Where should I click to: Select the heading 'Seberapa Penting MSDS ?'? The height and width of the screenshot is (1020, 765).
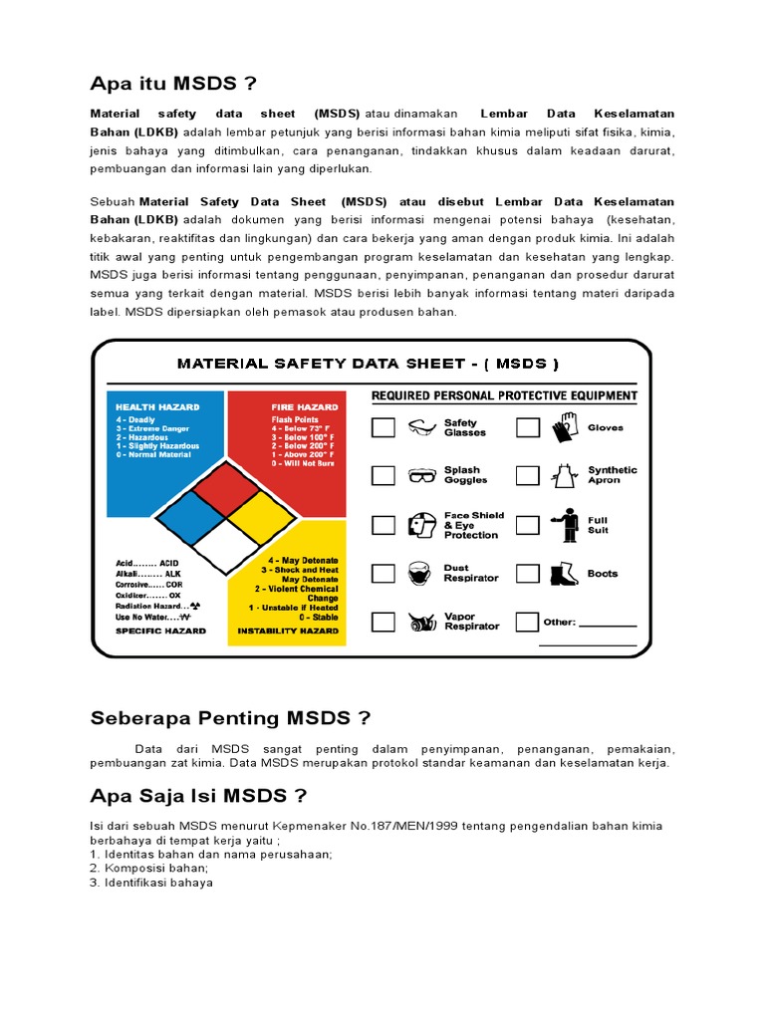[230, 717]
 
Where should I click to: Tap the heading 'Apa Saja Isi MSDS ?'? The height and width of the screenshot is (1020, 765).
[198, 795]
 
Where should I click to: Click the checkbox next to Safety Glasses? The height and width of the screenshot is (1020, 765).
[383, 428]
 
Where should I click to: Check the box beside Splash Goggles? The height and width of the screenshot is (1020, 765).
[383, 475]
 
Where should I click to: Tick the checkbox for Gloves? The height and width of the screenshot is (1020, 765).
[527, 428]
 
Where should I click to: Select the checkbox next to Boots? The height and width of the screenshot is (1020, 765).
[527, 574]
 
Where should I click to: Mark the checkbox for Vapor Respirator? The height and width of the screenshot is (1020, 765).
[383, 622]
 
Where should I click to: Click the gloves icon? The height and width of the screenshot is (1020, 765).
[565, 427]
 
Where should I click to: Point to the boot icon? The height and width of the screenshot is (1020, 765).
[565, 574]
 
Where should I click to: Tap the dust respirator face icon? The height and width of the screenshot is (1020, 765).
[420, 574]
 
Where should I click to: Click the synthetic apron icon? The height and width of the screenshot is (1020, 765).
[565, 475]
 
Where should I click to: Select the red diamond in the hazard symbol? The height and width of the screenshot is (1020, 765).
[226, 486]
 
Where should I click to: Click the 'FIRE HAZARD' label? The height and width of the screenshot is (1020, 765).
[305, 406]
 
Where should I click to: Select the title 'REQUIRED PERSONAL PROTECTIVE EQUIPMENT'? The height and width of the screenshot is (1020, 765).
[504, 395]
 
